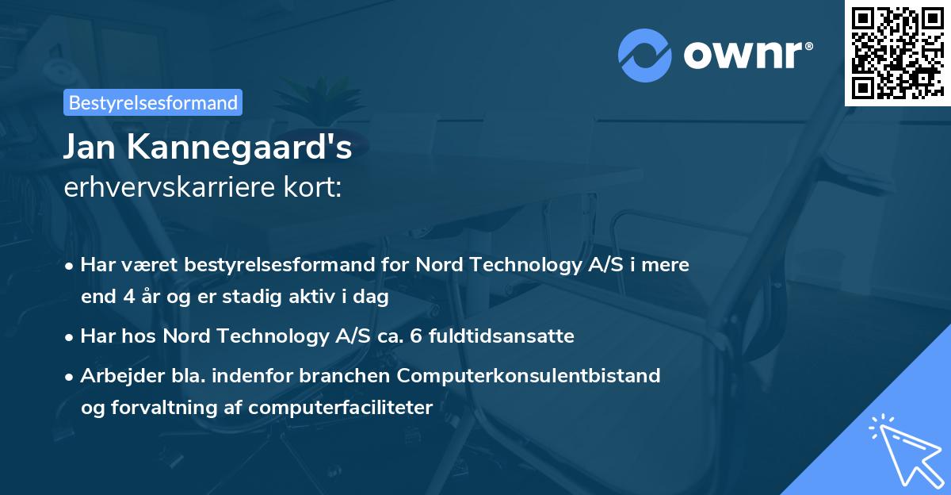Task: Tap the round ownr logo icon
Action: click(645, 56)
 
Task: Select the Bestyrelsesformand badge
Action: click(153, 102)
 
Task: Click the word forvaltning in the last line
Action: click(161, 408)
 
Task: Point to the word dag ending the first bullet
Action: click(372, 297)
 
